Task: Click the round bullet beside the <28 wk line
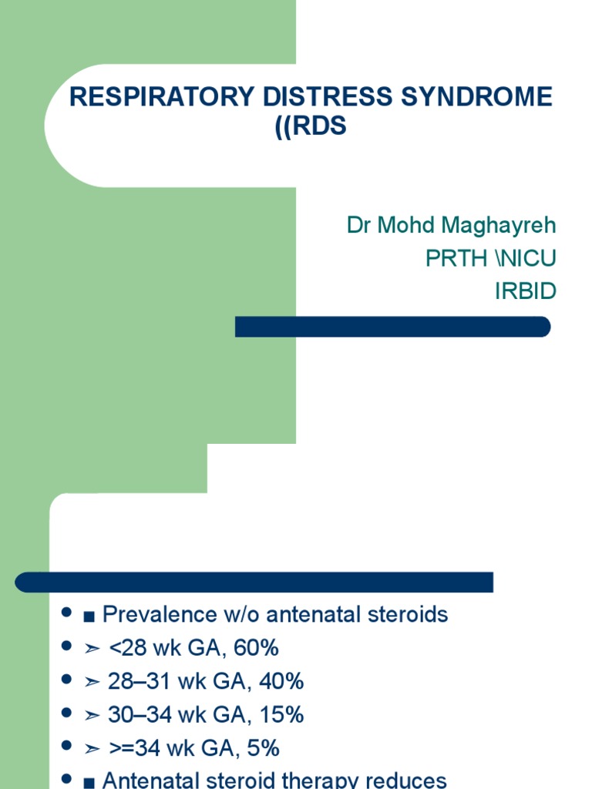66,647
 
